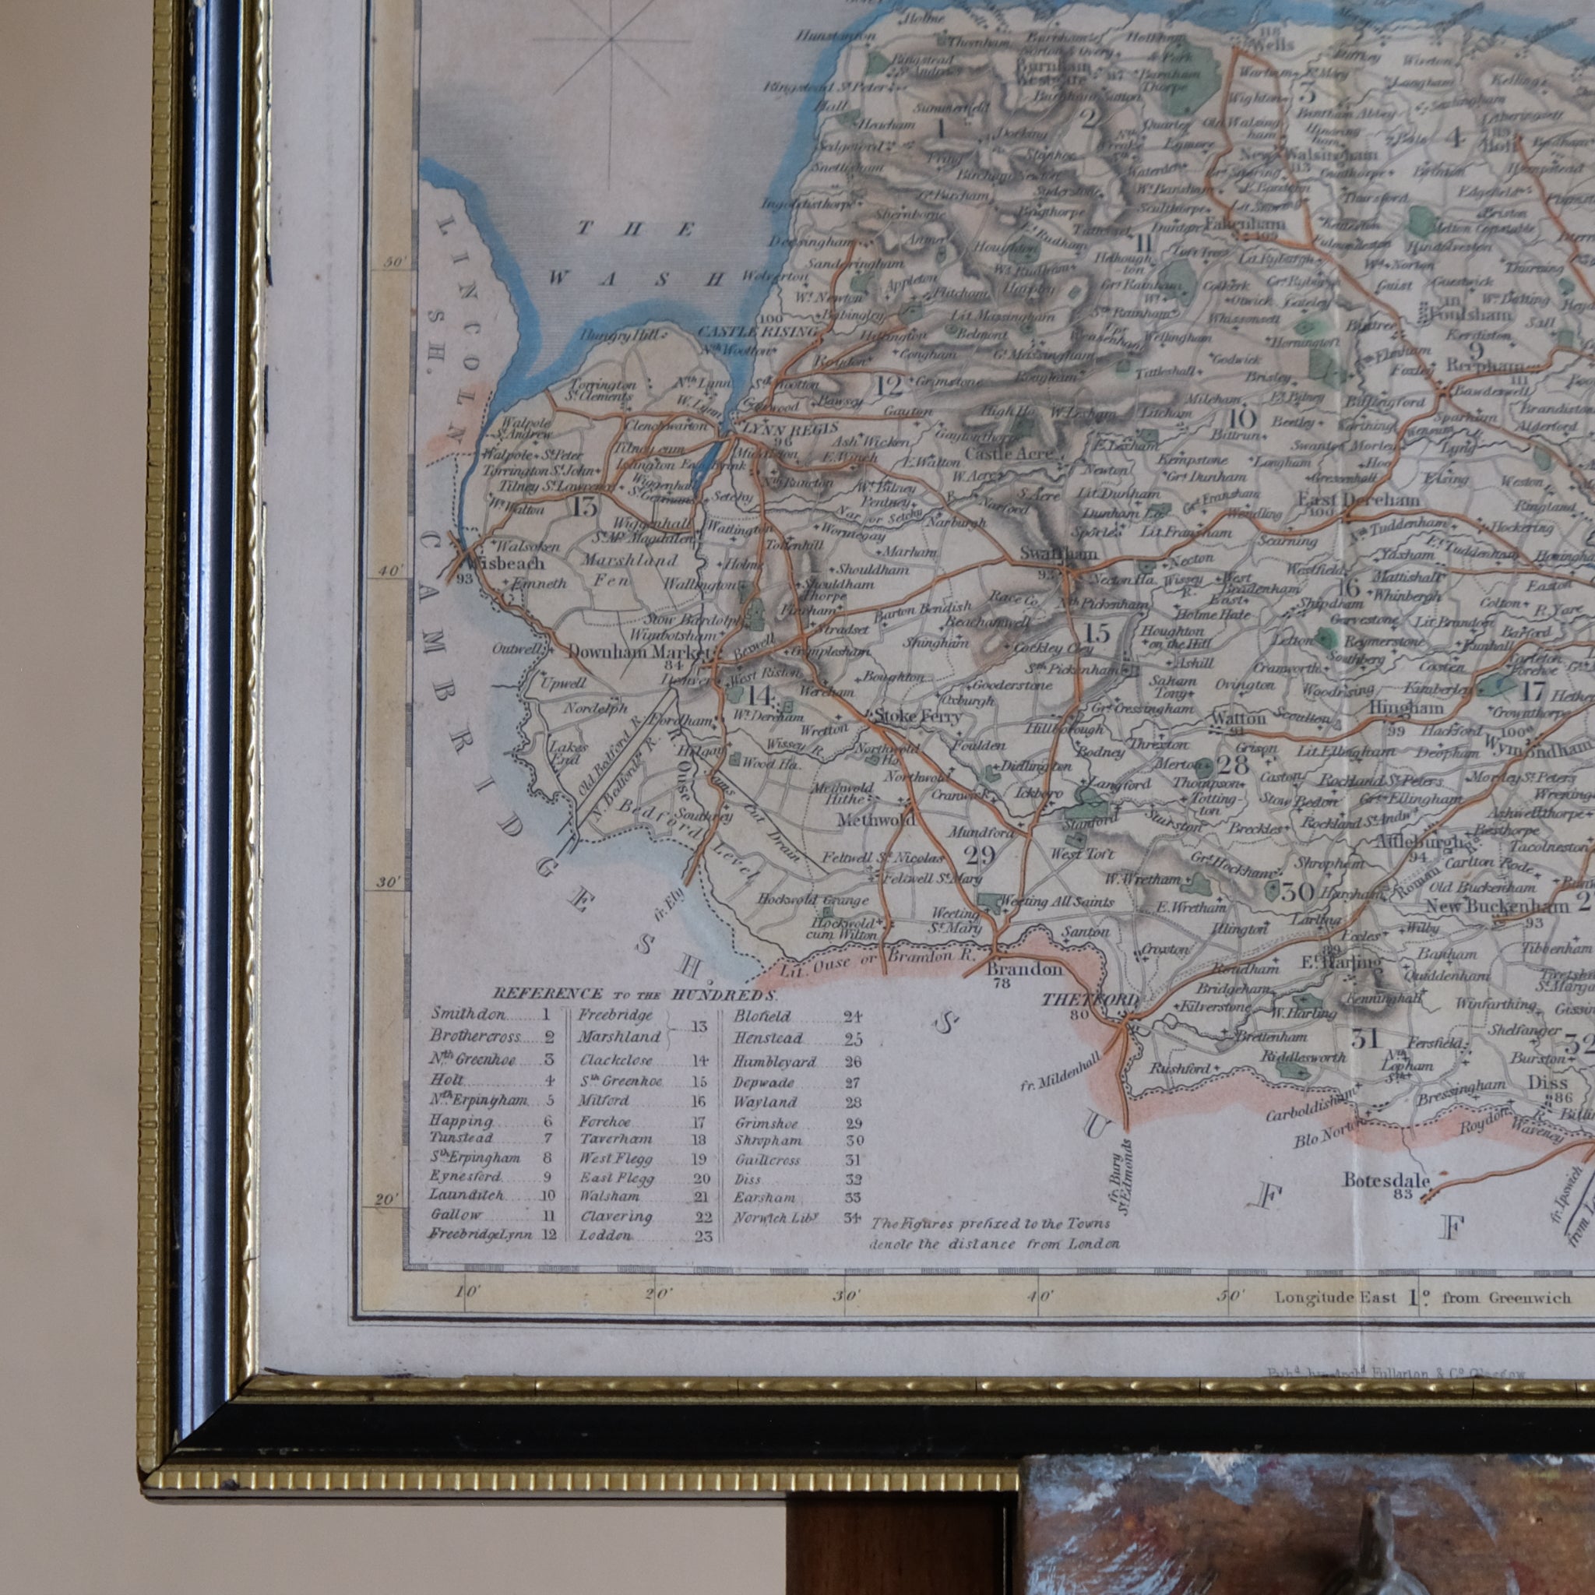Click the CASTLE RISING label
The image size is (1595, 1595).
point(758,332)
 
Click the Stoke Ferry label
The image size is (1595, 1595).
point(917,716)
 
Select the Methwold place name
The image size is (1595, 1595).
point(876,820)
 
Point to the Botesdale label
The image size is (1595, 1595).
point(1386,1180)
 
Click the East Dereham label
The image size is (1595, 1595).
point(1358,499)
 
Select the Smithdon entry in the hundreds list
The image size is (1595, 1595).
point(468,1015)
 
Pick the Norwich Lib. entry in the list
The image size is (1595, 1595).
point(775,1218)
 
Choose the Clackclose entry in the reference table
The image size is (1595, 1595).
point(616,1060)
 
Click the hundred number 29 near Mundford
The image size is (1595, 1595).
point(980,854)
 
